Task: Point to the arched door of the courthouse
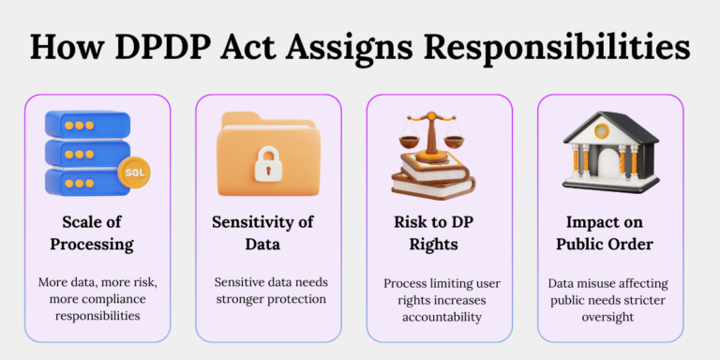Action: click(x=609, y=167)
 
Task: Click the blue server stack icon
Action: click(x=89, y=150)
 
